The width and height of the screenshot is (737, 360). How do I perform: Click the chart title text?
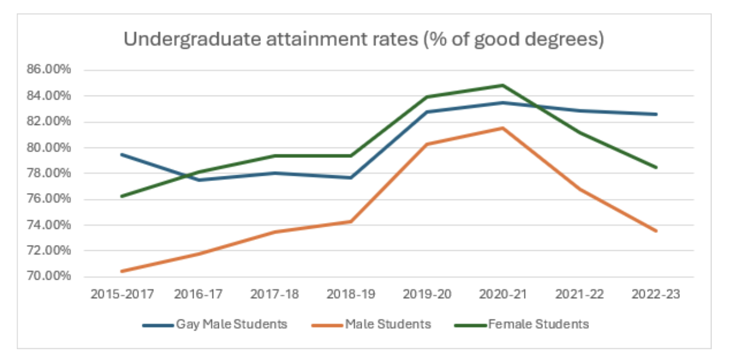(x=363, y=40)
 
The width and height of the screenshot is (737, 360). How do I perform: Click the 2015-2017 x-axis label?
(x=122, y=294)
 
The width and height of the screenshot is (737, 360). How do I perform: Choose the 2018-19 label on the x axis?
(x=351, y=294)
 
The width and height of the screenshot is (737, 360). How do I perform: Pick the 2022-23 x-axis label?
(x=656, y=294)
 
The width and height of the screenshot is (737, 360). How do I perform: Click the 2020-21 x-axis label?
(x=503, y=294)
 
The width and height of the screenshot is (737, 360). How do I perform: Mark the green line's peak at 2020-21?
(x=503, y=85)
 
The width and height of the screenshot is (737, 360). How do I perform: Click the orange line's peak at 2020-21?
(x=503, y=128)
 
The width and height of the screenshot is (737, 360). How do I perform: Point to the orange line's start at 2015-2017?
(x=122, y=271)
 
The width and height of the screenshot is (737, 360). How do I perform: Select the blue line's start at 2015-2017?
(x=122, y=154)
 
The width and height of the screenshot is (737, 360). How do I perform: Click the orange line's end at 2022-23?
(x=656, y=231)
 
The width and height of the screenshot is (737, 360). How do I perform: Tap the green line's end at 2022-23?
(x=656, y=167)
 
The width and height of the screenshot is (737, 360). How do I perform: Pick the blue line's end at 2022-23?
(x=656, y=114)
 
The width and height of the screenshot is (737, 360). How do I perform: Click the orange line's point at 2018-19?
(x=351, y=221)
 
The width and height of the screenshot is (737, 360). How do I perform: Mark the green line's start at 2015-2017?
(x=122, y=196)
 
